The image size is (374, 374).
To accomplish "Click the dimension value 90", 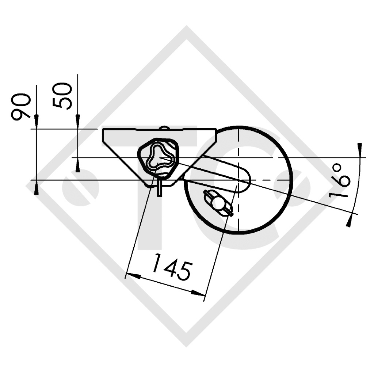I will coord(21,106).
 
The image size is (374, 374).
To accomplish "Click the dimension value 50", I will coord(62,96).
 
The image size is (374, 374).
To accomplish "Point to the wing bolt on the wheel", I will coord(218,202).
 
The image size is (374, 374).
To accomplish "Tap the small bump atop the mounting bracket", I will coord(164,127).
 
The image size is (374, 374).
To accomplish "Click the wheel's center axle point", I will coord(238,180).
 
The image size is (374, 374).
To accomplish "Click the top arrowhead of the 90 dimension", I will coord(36,122).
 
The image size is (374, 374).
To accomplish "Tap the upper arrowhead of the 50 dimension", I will coord(77,122).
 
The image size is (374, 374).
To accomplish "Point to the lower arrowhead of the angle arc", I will coord(349,221).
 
